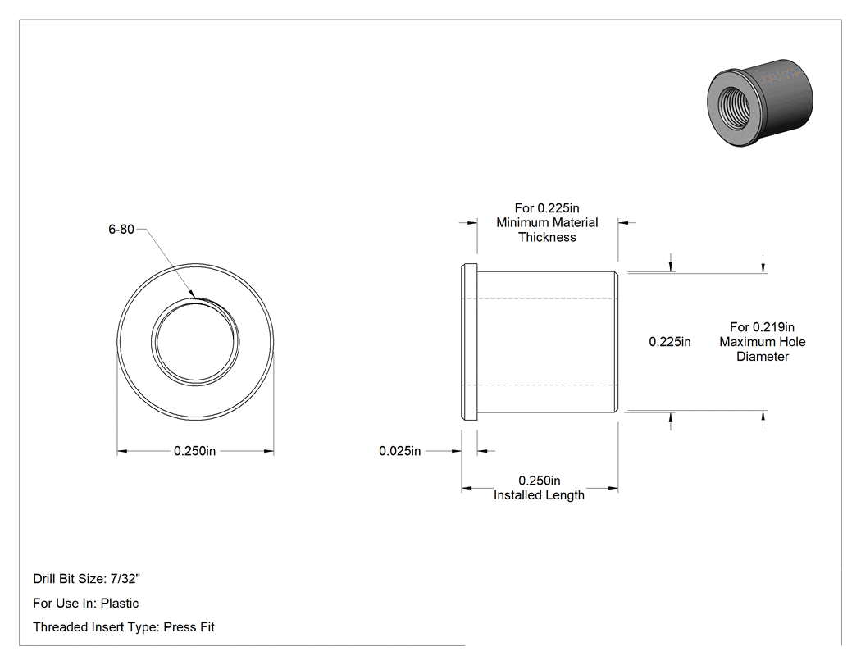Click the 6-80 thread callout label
121,230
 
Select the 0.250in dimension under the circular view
195,451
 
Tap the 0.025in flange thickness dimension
400,451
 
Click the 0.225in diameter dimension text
670,342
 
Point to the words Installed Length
539,494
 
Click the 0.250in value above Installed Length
540,481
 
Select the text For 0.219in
762,327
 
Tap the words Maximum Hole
763,342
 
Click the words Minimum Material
547,222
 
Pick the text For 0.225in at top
547,208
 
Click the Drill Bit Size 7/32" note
87,579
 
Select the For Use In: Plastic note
85,603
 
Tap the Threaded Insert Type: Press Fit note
124,627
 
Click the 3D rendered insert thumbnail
760,102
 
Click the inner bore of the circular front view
195,342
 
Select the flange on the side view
469,342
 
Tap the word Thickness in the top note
547,237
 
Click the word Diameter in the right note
762,357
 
